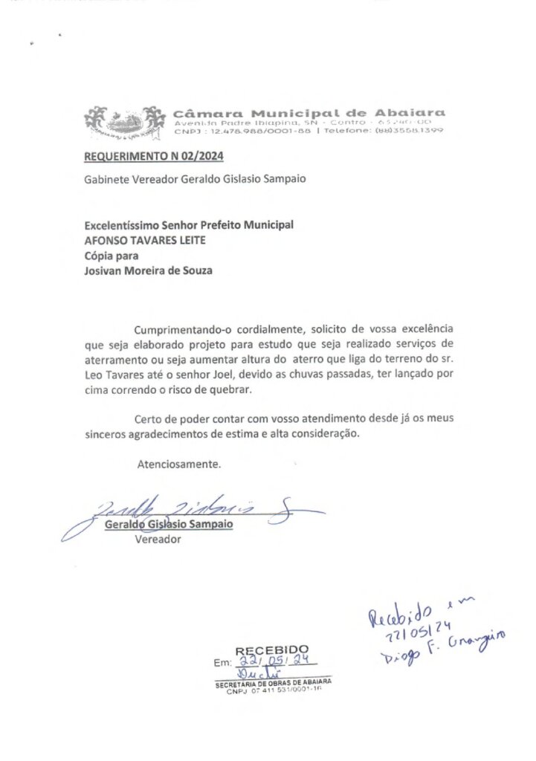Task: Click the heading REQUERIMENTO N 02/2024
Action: (153, 157)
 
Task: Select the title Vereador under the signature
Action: (158, 540)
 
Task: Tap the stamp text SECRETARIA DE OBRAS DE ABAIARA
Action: (273, 682)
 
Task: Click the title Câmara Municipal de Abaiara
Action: (309, 112)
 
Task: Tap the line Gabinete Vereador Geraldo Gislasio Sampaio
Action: (195, 178)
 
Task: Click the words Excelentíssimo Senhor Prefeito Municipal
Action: (189, 224)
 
